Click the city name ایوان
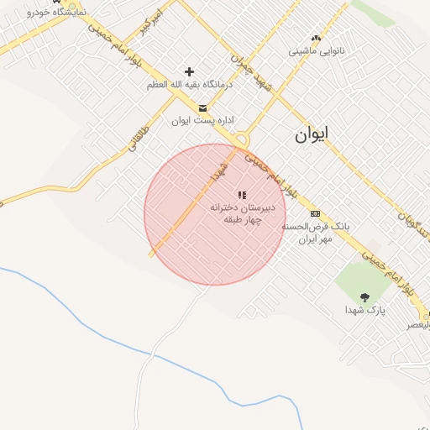click(312, 134)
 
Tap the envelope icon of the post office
click(202, 107)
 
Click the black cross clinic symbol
click(189, 72)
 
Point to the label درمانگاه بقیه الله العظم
click(190, 85)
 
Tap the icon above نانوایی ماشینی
click(316, 38)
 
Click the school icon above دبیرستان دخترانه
click(242, 195)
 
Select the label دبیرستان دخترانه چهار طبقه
click(243, 213)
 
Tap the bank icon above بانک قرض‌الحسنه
click(315, 213)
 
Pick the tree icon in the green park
click(364, 296)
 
